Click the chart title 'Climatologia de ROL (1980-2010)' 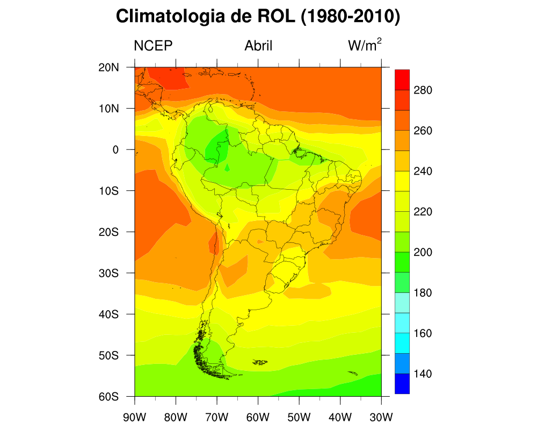(x=258, y=17)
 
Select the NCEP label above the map (x=153, y=46)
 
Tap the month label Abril (x=258, y=46)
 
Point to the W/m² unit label (x=365, y=45)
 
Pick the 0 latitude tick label (x=115, y=149)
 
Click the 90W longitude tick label (x=134, y=417)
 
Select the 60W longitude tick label (x=258, y=417)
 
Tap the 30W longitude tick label (x=381, y=417)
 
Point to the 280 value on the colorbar (x=423, y=90)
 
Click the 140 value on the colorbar (x=423, y=374)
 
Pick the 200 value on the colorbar (x=423, y=252)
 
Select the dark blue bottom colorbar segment (x=402, y=384)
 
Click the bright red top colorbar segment (x=402, y=80)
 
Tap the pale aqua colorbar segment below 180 (x=402, y=303)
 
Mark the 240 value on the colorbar (x=423, y=171)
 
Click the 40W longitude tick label (x=340, y=417)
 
